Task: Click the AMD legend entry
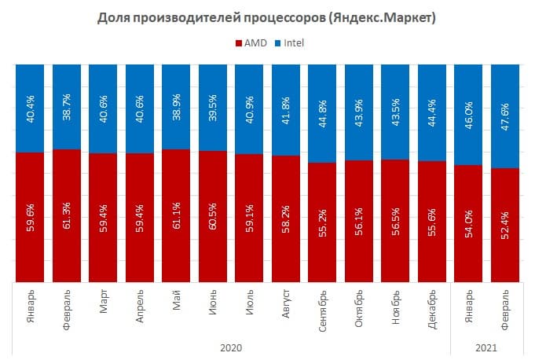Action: click(252, 43)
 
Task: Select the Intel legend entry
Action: click(290, 43)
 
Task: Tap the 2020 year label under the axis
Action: click(231, 347)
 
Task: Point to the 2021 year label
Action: click(487, 347)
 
